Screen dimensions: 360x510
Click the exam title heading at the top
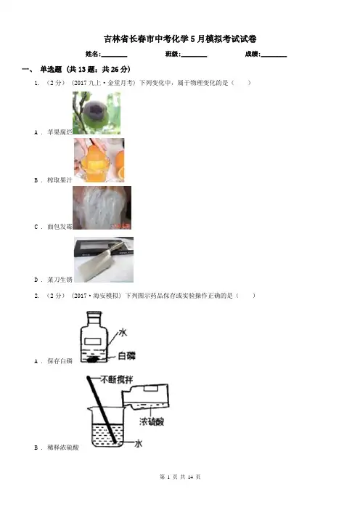(180, 39)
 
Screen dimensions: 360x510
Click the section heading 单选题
(51, 69)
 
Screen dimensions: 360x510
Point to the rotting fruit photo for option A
(97, 113)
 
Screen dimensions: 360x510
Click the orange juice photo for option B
(99, 160)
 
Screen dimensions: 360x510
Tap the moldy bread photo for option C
(102, 208)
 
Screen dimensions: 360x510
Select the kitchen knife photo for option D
(104, 259)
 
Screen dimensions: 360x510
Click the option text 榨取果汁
(60, 180)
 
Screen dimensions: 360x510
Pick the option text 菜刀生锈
(60, 280)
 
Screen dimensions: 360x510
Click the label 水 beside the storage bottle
(123, 333)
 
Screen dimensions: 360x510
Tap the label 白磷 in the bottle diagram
(126, 356)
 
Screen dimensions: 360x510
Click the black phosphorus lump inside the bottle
(93, 360)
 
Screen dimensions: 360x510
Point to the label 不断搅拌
(116, 379)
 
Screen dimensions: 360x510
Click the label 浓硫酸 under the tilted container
(152, 421)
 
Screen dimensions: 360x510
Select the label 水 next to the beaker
(139, 443)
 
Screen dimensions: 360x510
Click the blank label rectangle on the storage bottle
(93, 341)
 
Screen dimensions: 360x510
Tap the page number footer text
(180, 477)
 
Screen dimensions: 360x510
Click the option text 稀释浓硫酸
(63, 448)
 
